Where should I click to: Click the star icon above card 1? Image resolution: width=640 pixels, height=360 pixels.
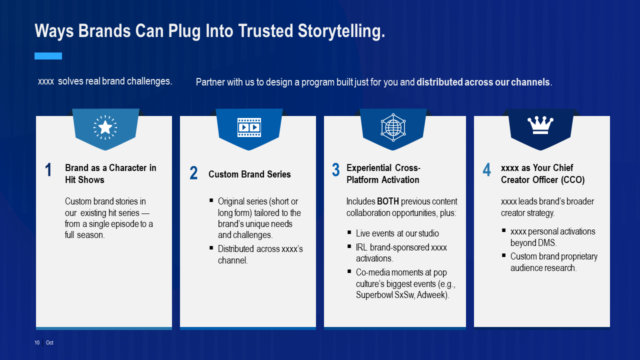click(105, 127)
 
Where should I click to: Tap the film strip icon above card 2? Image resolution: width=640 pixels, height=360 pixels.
click(249, 127)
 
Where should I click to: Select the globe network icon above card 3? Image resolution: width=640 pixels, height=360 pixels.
click(393, 127)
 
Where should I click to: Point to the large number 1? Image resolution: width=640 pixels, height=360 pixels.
click(48, 170)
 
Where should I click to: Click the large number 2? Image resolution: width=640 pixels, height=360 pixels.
click(193, 173)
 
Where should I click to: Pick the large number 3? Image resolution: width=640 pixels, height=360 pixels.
click(336, 170)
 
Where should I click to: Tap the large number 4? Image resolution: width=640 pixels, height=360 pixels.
click(486, 170)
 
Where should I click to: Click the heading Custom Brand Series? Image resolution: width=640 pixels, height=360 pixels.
click(249, 174)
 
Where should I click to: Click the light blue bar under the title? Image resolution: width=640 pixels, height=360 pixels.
click(48, 56)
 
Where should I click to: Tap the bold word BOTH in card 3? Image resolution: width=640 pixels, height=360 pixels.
click(388, 201)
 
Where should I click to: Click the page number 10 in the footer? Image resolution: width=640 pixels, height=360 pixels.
click(37, 343)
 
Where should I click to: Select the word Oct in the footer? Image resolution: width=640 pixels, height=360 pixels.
click(49, 343)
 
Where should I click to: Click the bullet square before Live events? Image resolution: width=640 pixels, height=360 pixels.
click(349, 232)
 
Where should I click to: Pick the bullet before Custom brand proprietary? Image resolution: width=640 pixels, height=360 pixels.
click(504, 255)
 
